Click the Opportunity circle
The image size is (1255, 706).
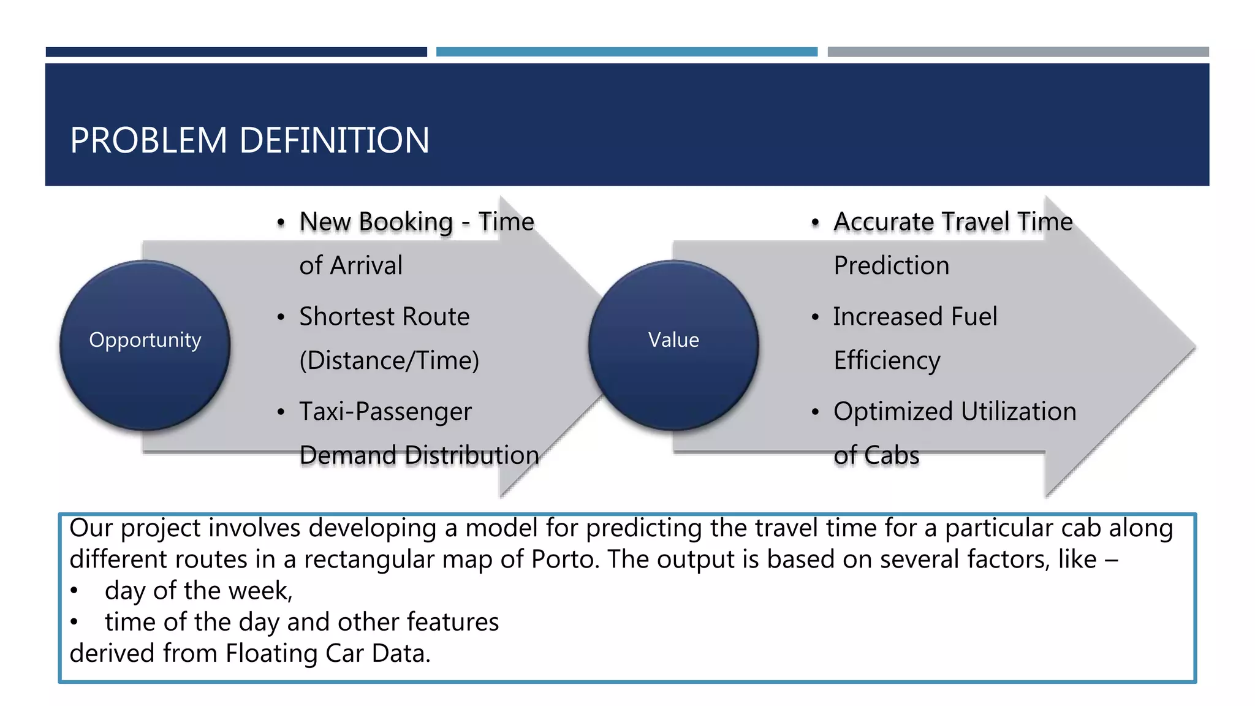click(x=145, y=344)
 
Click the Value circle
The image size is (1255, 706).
click(x=673, y=344)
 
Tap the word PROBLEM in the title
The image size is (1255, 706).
click(x=149, y=140)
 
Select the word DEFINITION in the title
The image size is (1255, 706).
click(x=334, y=140)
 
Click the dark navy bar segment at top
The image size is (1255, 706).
click(x=236, y=52)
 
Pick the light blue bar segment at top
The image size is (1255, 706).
click(x=626, y=52)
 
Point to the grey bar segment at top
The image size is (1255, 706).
click(x=1018, y=52)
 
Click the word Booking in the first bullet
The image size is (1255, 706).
click(x=407, y=222)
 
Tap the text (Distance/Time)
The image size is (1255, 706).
click(x=389, y=360)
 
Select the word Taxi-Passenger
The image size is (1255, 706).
click(x=385, y=411)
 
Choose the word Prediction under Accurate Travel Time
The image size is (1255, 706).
click(x=892, y=265)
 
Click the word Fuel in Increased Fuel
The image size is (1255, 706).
click(x=974, y=317)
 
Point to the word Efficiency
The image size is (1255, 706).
click(x=887, y=360)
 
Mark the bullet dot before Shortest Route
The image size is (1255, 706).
click(x=281, y=317)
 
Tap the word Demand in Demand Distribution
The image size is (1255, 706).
click(x=348, y=455)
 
